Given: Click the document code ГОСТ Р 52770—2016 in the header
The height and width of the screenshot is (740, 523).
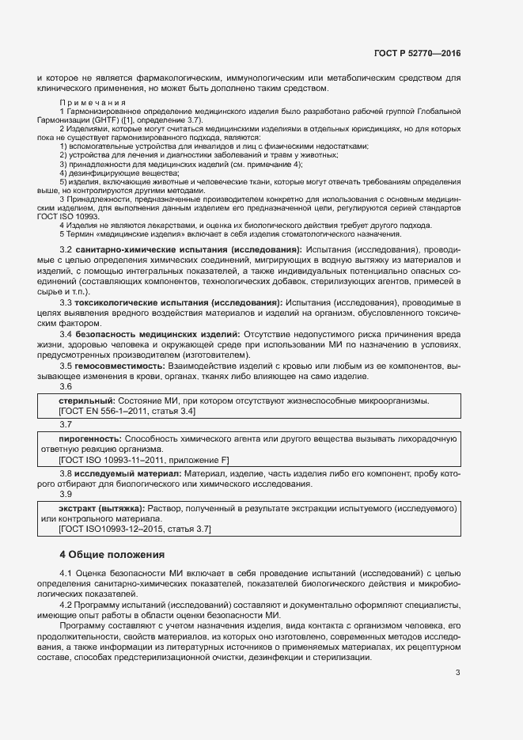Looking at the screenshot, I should click(416, 53).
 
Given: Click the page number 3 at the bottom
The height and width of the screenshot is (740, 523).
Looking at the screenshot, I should click(457, 674).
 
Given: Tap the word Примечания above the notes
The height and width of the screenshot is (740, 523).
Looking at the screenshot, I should click(93, 103).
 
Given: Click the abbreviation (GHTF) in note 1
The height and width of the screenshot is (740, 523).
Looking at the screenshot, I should click(112, 120).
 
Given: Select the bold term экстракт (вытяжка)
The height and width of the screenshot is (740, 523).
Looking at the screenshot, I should click(101, 508).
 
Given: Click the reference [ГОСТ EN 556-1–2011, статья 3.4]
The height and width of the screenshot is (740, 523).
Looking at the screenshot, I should click(127, 412).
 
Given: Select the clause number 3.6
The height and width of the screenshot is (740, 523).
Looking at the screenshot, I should click(66, 386).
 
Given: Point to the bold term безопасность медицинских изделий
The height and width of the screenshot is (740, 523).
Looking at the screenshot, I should click(157, 335).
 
